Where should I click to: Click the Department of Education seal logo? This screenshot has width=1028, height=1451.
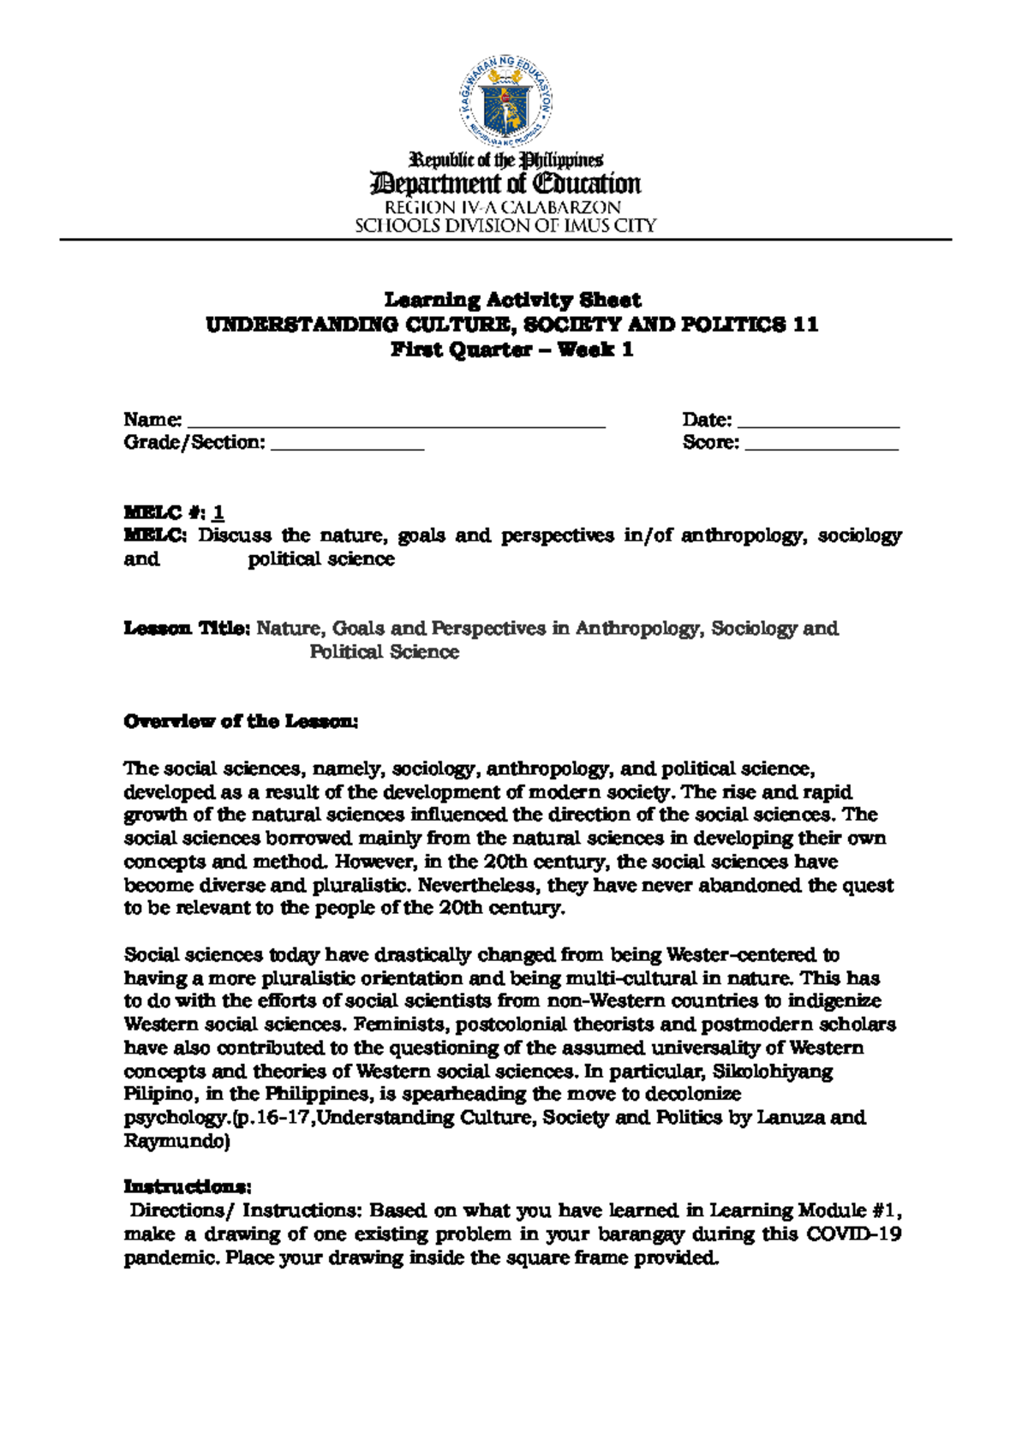coord(505,102)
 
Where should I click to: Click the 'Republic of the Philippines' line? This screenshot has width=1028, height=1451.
coord(506,160)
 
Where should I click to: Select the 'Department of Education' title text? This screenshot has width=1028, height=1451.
coord(505,184)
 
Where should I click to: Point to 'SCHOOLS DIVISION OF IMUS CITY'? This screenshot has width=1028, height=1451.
coord(505,226)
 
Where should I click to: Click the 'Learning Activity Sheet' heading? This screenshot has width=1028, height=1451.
coord(512,300)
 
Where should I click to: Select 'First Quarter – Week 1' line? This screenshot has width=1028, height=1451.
coord(512,349)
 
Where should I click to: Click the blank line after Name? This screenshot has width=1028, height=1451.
coord(396,423)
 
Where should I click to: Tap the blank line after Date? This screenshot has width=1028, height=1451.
coord(818,423)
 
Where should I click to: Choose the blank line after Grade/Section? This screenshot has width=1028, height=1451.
coord(347,446)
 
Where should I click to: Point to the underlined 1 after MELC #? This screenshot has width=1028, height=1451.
coord(219,513)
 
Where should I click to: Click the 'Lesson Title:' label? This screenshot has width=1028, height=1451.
coord(187,629)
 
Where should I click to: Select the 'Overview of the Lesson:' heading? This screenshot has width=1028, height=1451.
coord(241,721)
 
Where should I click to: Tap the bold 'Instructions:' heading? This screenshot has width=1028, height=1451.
coord(188,1186)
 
